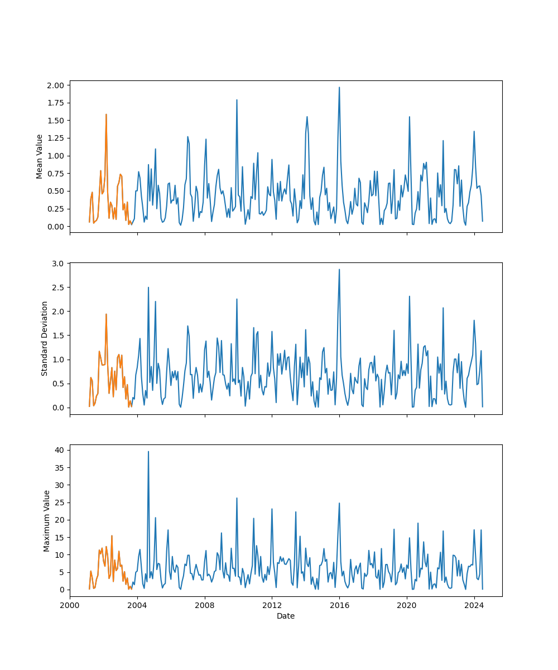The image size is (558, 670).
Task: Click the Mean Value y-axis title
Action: coord(40,156)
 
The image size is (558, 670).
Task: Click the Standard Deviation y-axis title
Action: coord(45,338)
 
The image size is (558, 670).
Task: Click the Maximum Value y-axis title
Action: coord(47,521)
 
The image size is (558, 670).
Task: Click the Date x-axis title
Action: coord(286,616)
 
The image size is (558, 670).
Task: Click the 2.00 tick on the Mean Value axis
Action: coord(58,85)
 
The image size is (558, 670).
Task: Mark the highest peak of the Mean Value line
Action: coord(339,87)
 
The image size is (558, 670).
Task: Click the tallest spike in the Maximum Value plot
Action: coord(148,452)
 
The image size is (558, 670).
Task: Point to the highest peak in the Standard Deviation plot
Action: coord(339,270)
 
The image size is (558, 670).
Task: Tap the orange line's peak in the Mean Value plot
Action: coord(106,114)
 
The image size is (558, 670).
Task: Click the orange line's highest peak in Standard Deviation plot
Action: coord(106,314)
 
